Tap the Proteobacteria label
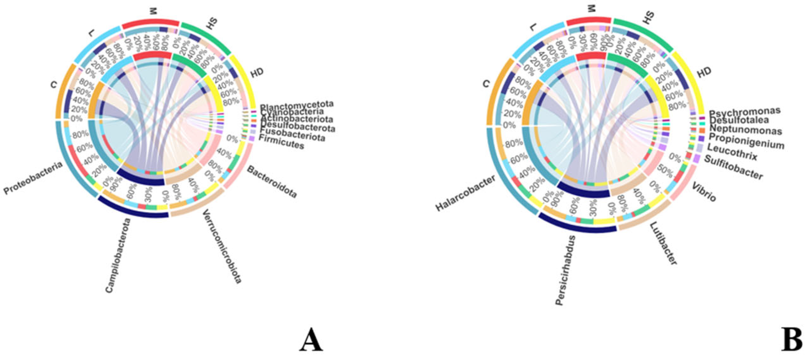click(33, 178)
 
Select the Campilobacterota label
click(118, 255)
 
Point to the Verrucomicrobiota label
click(222, 247)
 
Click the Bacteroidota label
click(272, 182)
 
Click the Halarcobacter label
click(465, 193)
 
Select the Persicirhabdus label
click(565, 271)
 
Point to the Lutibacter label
click(663, 243)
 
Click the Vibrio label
click(704, 192)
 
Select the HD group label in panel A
click(257, 72)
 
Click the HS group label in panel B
click(648, 17)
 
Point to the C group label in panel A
click(53, 84)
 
